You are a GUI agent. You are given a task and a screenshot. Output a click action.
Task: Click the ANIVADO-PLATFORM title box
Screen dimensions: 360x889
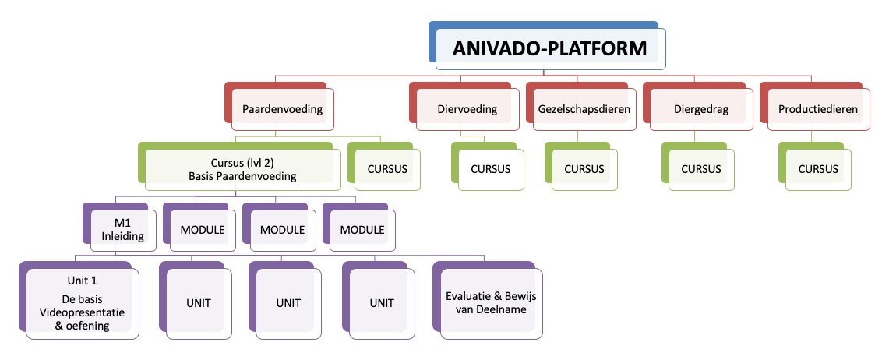tap(550, 48)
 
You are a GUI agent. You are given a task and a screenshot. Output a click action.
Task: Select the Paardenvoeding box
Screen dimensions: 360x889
tap(282, 110)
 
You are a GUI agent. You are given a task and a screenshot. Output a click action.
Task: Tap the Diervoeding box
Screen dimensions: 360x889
tap(467, 110)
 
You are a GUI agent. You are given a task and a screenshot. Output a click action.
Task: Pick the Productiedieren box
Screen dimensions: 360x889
tap(818, 110)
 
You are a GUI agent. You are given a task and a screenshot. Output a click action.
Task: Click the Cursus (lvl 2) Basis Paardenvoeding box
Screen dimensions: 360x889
tap(242, 169)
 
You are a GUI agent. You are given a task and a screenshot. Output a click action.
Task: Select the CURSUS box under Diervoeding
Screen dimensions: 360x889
tap(490, 169)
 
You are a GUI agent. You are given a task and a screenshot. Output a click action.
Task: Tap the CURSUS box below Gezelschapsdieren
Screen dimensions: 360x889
tap(584, 169)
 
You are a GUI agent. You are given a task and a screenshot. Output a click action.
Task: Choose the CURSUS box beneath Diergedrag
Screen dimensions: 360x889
tap(701, 169)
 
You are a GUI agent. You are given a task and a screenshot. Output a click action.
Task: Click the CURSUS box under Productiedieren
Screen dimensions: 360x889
tap(818, 169)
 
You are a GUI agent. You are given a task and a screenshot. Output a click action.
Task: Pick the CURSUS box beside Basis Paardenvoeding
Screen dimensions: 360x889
tap(387, 169)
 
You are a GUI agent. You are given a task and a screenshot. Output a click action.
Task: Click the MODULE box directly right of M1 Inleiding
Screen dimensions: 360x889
tap(203, 230)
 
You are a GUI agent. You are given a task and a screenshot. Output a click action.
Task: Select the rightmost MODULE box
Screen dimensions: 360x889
tap(362, 230)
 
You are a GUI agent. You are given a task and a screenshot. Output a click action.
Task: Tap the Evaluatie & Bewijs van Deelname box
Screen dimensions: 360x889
tap(491, 302)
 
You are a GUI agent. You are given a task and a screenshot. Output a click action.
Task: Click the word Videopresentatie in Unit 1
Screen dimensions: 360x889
tap(83, 312)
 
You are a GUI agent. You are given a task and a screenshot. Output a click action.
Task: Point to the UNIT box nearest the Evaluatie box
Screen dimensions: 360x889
tap(381, 302)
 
